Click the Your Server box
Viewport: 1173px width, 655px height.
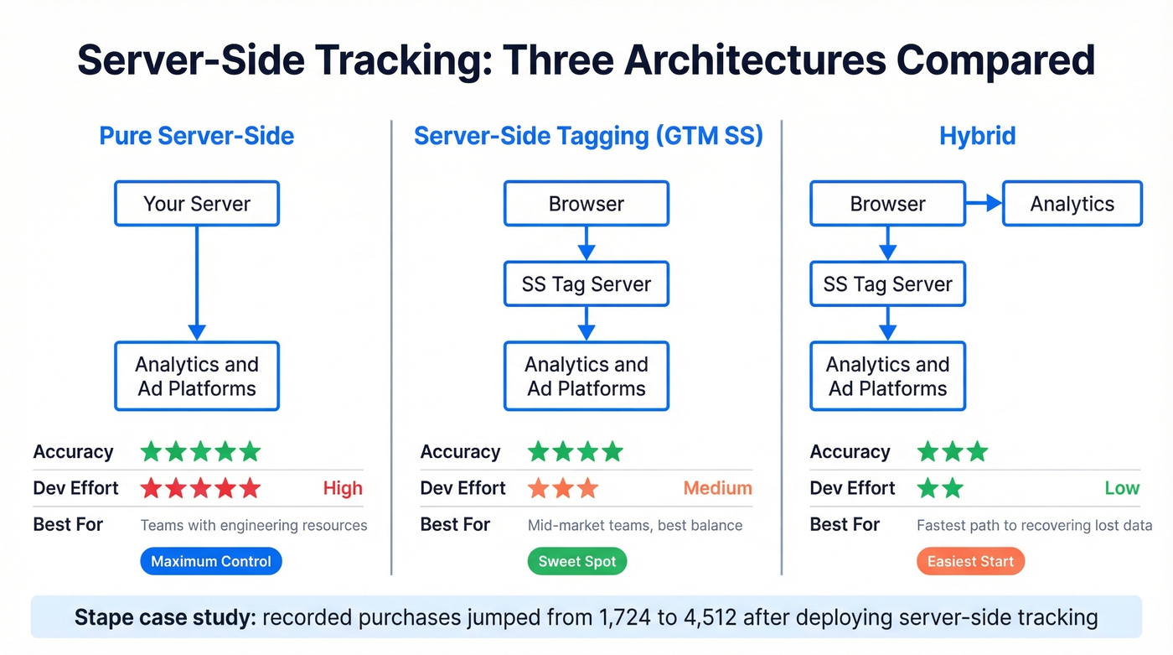pyautogui.click(x=197, y=204)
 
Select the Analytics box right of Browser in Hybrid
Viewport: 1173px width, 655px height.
pyautogui.click(x=1072, y=204)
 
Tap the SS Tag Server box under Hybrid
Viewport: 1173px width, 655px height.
pyautogui.click(x=888, y=284)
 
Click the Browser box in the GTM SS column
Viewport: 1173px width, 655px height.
pyautogui.click(x=586, y=204)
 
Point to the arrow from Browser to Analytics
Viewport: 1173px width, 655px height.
pyautogui.click(x=984, y=203)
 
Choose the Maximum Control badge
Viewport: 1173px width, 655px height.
pyautogui.click(x=211, y=561)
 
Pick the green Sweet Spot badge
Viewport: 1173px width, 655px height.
pyautogui.click(x=577, y=561)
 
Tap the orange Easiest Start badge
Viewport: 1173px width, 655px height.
pyautogui.click(x=970, y=561)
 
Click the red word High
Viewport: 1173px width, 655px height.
pyautogui.click(x=343, y=488)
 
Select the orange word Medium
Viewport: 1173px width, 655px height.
pyautogui.click(x=717, y=488)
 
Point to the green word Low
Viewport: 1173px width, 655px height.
pyautogui.click(x=1122, y=488)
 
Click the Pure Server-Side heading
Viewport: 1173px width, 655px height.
pyautogui.click(x=197, y=136)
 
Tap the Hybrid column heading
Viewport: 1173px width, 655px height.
pyautogui.click(x=977, y=136)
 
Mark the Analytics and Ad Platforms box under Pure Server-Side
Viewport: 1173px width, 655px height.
pyautogui.click(x=197, y=377)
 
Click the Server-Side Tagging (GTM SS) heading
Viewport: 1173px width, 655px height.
pyautogui.click(x=588, y=136)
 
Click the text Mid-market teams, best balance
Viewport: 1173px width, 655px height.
pyautogui.click(x=635, y=526)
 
